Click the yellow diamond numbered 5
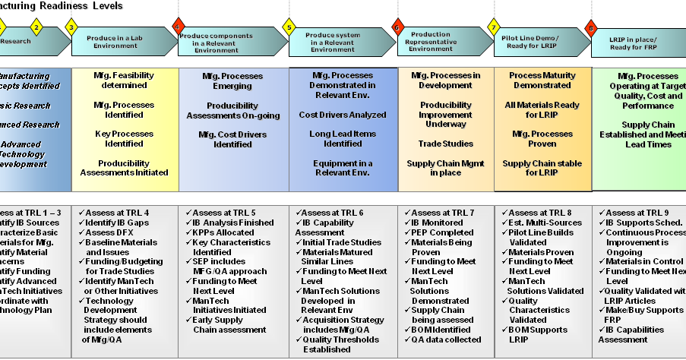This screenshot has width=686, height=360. pyautogui.click(x=289, y=28)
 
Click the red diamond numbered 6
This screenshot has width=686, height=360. pyautogui.click(x=397, y=28)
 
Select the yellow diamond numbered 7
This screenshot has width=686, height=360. pyautogui.click(x=494, y=28)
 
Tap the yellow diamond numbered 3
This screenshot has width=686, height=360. pyautogui.click(x=71, y=28)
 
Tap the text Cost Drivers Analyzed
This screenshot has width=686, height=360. pyautogui.click(x=343, y=115)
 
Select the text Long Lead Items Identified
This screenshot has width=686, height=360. pyautogui.click(x=343, y=138)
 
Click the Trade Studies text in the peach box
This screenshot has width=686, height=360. pyautogui.click(x=445, y=144)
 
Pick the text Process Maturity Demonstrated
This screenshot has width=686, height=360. pyautogui.click(x=542, y=81)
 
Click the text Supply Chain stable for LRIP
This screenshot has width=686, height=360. pyautogui.click(x=542, y=168)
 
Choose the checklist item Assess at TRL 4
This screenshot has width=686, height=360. pyautogui.click(x=117, y=213)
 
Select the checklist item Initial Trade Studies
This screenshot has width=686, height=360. pyautogui.click(x=342, y=242)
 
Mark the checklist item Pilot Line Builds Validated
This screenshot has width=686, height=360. pyautogui.click(x=541, y=237)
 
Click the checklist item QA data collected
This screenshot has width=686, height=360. pyautogui.click(x=445, y=339)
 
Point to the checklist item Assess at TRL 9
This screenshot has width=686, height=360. pyautogui.click(x=637, y=213)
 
